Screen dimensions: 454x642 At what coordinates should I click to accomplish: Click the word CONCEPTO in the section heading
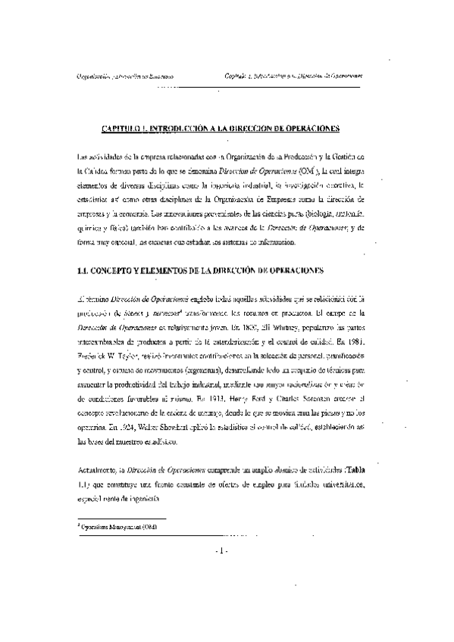(x=123, y=268)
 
